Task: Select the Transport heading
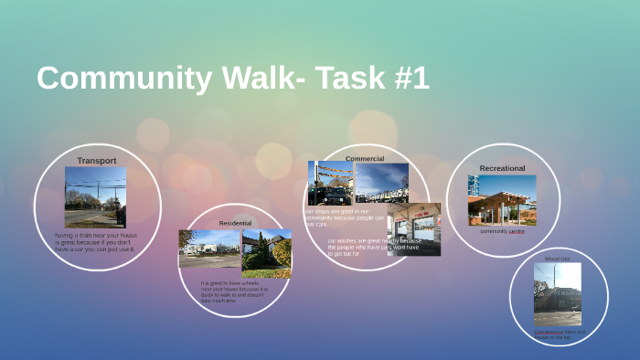[96, 161]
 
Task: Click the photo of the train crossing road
[95, 196]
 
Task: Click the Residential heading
[235, 223]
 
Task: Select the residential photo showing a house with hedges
[267, 253]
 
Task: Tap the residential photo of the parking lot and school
[209, 249]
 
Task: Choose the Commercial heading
[364, 158]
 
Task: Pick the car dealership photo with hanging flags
[331, 183]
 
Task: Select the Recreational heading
[502, 168]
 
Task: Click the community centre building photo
[502, 200]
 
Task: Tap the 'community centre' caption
[502, 231]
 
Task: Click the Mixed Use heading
[557, 259]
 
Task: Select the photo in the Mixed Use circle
[557, 294]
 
